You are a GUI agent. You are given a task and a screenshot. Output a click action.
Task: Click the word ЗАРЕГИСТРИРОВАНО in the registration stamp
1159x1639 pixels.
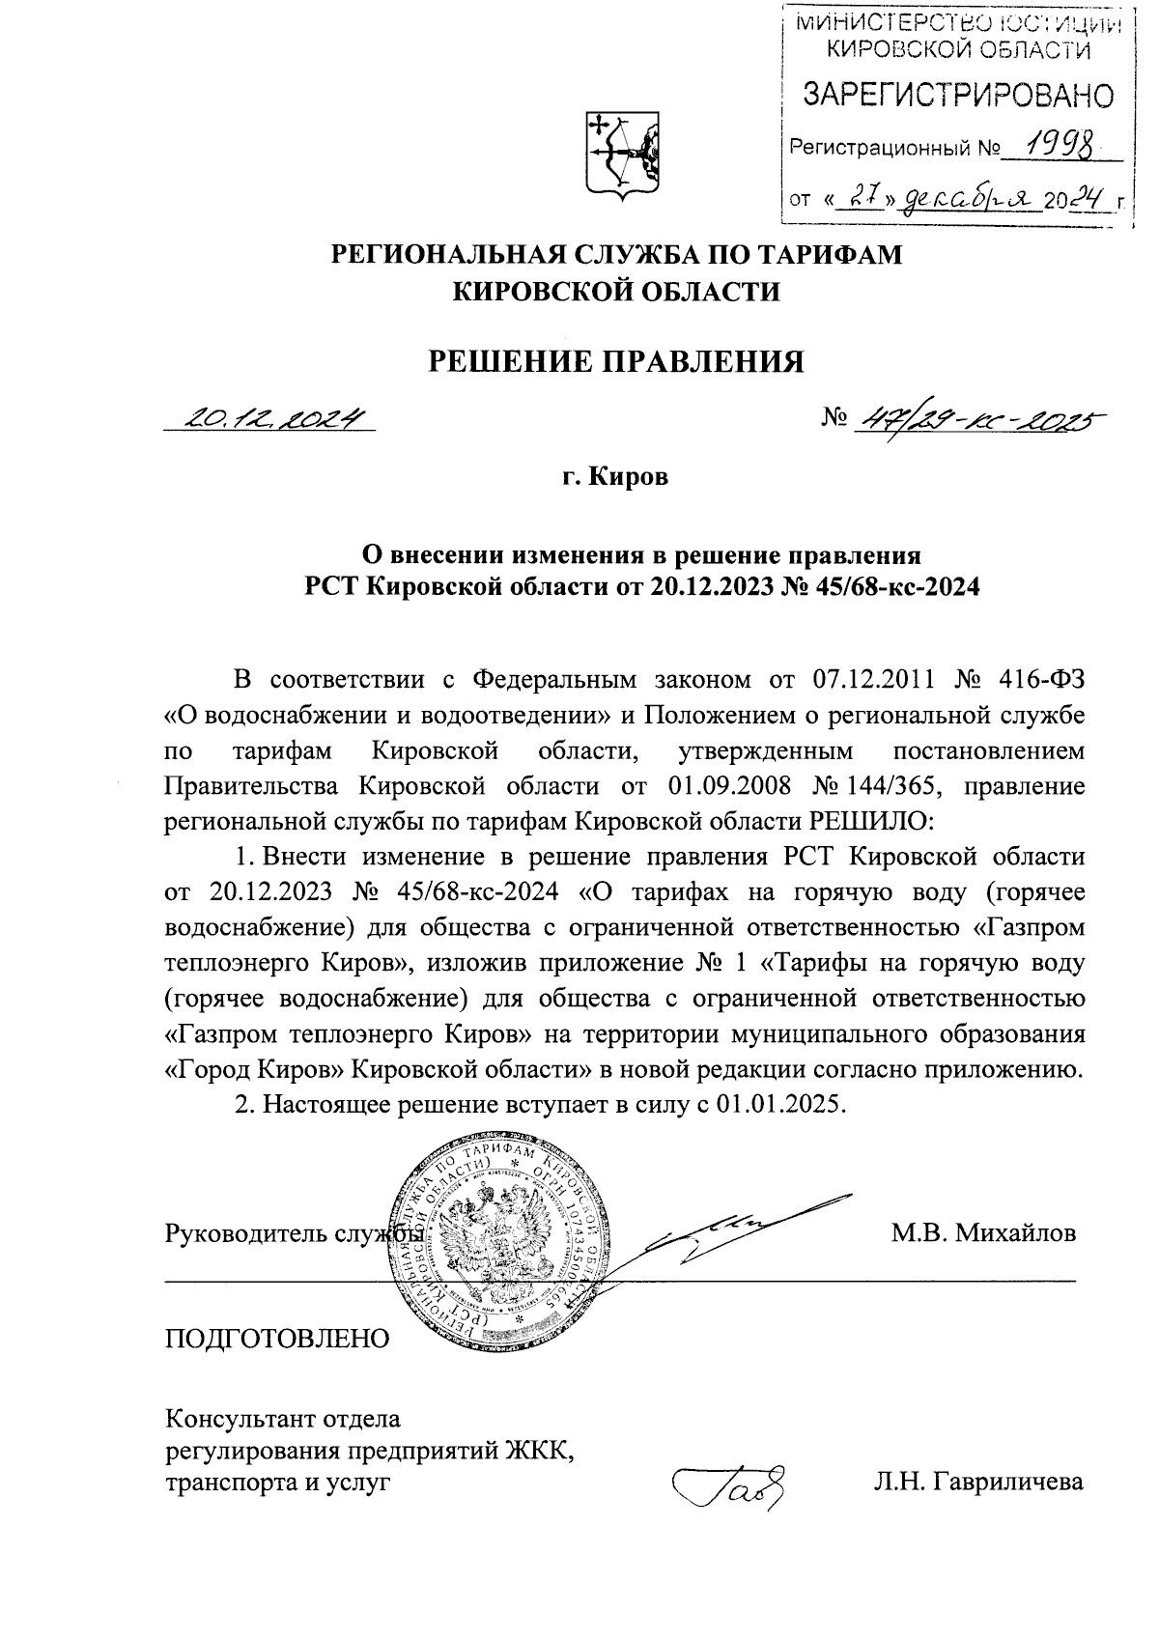pyautogui.click(x=957, y=95)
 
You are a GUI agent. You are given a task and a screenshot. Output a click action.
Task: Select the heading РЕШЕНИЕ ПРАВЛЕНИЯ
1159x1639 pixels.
pyautogui.click(x=615, y=361)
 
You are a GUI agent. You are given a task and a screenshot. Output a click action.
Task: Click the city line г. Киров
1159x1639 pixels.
pyautogui.click(x=615, y=477)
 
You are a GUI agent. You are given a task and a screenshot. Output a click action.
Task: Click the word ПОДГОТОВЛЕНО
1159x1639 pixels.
pyautogui.click(x=278, y=1339)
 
